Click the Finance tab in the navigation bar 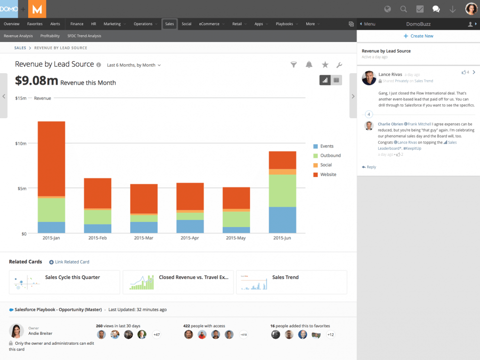pyautogui.click(x=77, y=24)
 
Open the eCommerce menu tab pyautogui.click(x=209, y=24)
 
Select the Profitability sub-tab pyautogui.click(x=50, y=36)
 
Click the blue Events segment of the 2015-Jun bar pyautogui.click(x=282, y=220)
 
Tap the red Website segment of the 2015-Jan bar pyautogui.click(x=51, y=158)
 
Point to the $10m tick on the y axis pyautogui.click(x=20, y=143)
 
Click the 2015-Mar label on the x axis pyautogui.click(x=144, y=238)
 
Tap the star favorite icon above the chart pyautogui.click(x=325, y=65)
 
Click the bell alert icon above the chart pyautogui.click(x=309, y=65)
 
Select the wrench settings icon pyautogui.click(x=339, y=65)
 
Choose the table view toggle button pyautogui.click(x=336, y=80)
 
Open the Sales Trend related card pyautogui.click(x=291, y=282)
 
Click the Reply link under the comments pyautogui.click(x=369, y=167)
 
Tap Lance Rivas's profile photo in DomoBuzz pyautogui.click(x=369, y=78)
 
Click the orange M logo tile pyautogui.click(x=38, y=9)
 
